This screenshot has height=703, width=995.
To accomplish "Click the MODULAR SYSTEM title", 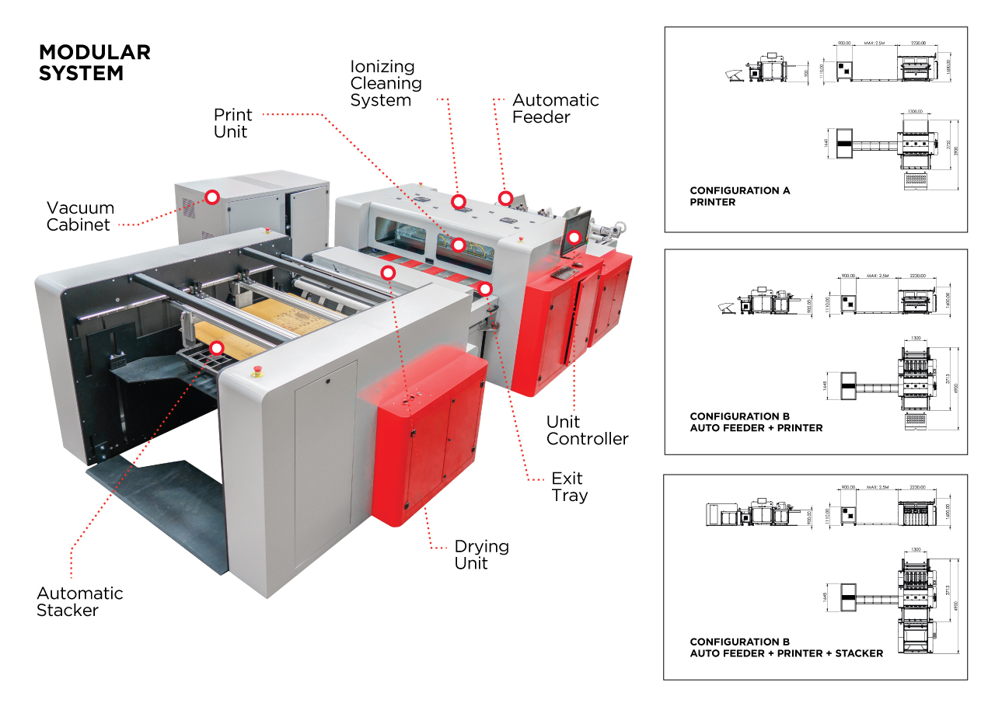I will pyautogui.click(x=94, y=63).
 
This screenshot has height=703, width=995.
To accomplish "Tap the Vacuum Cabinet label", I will pyautogui.click(x=80, y=216).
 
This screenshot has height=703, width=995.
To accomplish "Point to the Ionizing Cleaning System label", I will pyautogui.click(x=386, y=84).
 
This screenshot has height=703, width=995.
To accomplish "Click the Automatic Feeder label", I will pyautogui.click(x=555, y=109).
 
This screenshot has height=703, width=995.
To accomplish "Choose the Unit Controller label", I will pyautogui.click(x=587, y=430).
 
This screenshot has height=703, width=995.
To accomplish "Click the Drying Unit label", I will pyautogui.click(x=481, y=555).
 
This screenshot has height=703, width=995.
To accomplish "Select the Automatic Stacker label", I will pyautogui.click(x=80, y=602).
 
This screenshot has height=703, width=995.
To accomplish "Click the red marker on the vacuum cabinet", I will pyautogui.click(x=211, y=197).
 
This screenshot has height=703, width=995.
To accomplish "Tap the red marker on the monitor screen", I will pyautogui.click(x=574, y=237).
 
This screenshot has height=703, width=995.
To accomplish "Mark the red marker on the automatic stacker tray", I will pyautogui.click(x=217, y=348).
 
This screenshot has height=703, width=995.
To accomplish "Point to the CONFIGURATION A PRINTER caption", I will pyautogui.click(x=739, y=197).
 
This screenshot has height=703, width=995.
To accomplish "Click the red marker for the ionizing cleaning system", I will pyautogui.click(x=459, y=200).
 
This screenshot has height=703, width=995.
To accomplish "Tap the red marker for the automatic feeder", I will pyautogui.click(x=505, y=198).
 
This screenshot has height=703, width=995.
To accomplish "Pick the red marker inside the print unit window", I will pyautogui.click(x=459, y=245).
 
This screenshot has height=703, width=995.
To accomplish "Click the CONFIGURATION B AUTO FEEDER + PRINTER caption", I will pyautogui.click(x=756, y=422).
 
